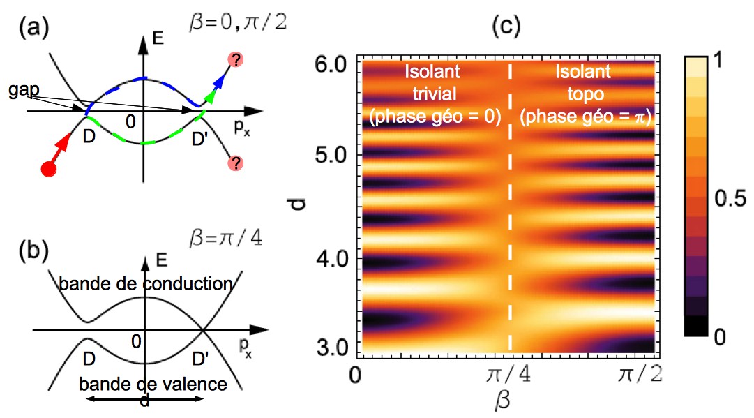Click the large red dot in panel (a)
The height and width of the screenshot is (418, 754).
(x=49, y=169)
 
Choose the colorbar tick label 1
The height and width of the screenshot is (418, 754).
(x=721, y=63)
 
